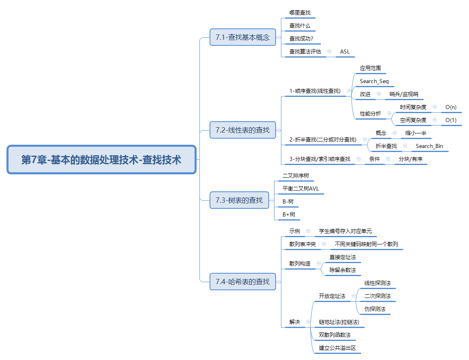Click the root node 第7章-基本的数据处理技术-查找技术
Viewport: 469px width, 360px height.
[x=101, y=159]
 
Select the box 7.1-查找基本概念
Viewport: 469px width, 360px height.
[x=242, y=37]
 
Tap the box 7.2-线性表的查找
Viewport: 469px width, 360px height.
[x=242, y=130]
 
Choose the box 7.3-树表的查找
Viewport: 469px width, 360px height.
[x=239, y=200]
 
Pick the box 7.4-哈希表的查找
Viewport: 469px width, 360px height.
[x=242, y=282]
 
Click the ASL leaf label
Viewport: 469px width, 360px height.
[x=345, y=51]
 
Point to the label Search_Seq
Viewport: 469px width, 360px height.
[x=374, y=81]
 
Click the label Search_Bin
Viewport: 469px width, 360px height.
[x=429, y=146]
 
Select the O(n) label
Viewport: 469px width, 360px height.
[x=451, y=107]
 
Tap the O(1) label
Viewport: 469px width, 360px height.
[x=451, y=120]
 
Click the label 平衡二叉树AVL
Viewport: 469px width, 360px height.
[x=301, y=189]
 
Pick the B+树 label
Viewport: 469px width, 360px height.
[x=289, y=214]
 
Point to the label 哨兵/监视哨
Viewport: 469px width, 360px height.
[x=404, y=94]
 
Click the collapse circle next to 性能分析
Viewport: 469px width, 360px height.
[x=389, y=114]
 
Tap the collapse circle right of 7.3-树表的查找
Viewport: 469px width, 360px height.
[x=272, y=201]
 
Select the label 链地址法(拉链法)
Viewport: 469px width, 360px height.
[x=339, y=322]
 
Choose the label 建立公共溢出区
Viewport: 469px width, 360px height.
[x=337, y=348]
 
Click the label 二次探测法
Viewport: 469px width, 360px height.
[x=377, y=296]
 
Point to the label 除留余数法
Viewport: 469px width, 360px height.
[x=343, y=270]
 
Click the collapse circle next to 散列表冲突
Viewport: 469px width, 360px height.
[x=324, y=244]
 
